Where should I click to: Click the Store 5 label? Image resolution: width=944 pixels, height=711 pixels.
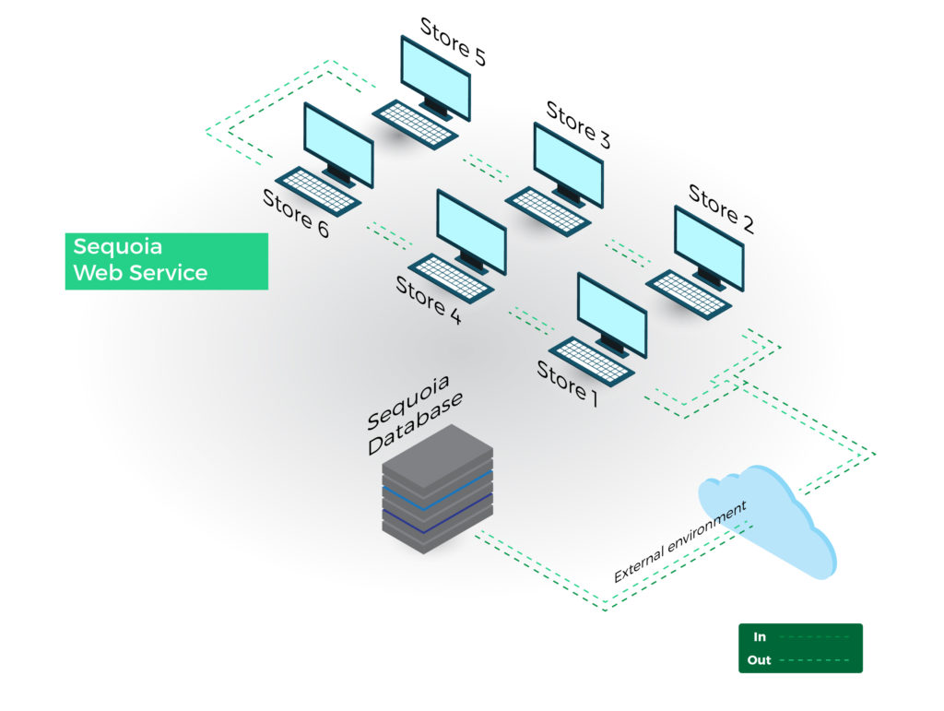pyautogui.click(x=453, y=41)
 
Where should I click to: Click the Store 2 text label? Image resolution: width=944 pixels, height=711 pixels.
pyautogui.click(x=721, y=208)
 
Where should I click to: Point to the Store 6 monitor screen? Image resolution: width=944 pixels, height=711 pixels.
pyautogui.click(x=338, y=144)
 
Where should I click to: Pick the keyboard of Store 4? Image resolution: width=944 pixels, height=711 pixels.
pyautogui.click(x=451, y=277)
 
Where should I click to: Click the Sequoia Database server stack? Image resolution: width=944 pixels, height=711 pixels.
pyautogui.click(x=437, y=490)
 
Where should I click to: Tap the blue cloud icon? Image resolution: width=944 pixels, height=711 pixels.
pyautogui.click(x=765, y=521)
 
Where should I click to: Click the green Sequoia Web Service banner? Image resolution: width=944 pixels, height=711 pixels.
pyautogui.click(x=166, y=260)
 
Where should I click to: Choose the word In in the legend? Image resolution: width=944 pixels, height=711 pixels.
pyautogui.click(x=760, y=637)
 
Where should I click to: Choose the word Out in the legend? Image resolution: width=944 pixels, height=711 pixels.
pyautogui.click(x=760, y=660)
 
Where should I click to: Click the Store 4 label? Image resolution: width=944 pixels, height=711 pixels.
pyautogui.click(x=429, y=300)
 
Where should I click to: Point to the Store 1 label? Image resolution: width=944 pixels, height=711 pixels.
pyautogui.click(x=568, y=384)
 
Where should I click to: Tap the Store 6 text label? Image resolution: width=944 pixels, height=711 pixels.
pyautogui.click(x=296, y=213)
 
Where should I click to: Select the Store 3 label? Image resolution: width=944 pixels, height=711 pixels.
pyautogui.click(x=578, y=124)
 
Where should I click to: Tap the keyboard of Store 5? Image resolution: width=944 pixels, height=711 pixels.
pyautogui.click(x=415, y=123)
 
